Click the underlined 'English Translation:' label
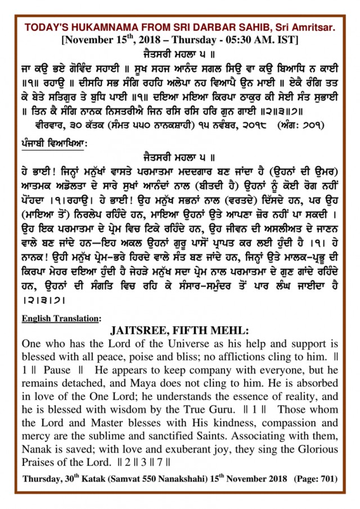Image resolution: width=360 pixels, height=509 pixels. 61,318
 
